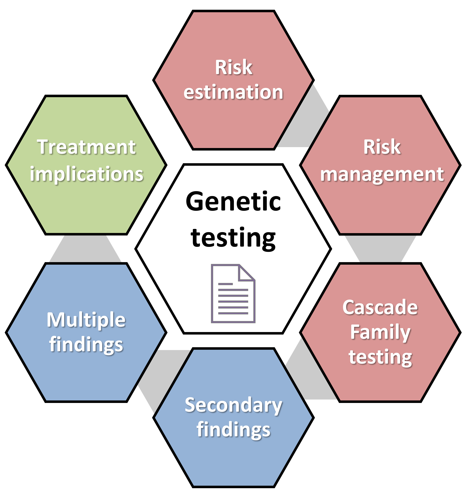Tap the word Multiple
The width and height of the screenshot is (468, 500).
(86, 320)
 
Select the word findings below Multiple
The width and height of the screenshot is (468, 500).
(86, 345)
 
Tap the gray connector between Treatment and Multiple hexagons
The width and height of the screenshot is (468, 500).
(85, 249)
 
